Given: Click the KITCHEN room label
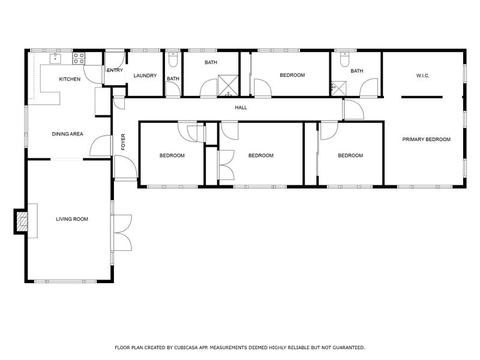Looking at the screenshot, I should (69, 79).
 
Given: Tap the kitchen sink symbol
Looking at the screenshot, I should (56, 58).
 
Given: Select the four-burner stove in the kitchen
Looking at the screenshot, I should (79, 58).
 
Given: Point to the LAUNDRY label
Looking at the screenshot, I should (145, 76).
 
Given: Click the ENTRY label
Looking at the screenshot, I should (115, 70).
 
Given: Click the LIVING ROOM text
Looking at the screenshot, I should (72, 220).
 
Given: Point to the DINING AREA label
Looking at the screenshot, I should (67, 134).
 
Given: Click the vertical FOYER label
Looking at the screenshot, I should (124, 142).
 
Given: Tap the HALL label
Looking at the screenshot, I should (241, 108).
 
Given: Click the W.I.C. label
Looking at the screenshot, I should (423, 76).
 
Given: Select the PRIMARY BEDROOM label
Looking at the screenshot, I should (426, 139).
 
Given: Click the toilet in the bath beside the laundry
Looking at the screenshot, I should (173, 61).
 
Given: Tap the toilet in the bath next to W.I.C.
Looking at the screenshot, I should (344, 60).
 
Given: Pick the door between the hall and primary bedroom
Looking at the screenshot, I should (353, 110).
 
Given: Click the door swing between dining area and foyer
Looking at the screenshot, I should (101, 146).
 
